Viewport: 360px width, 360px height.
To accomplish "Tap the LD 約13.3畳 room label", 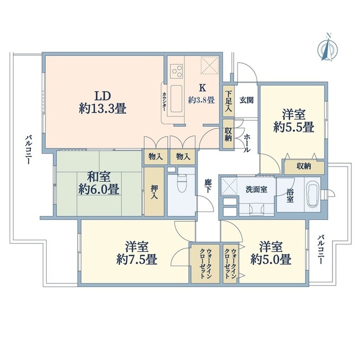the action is (x=102, y=102).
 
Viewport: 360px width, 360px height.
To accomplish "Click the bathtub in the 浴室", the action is (x=310, y=193).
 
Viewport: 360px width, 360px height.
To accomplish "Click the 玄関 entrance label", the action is (x=246, y=100).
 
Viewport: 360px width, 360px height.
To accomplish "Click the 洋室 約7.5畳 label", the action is (x=137, y=253).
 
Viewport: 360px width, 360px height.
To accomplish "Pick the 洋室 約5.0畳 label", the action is (x=273, y=253).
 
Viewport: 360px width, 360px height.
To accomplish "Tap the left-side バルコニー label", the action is (x=26, y=149).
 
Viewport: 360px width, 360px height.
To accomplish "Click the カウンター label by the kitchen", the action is (x=164, y=101).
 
